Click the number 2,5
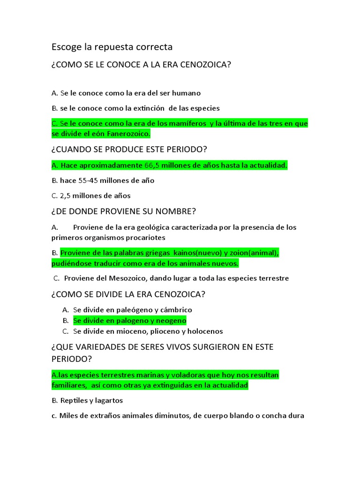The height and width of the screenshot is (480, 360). [66, 195]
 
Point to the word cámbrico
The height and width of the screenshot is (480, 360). [176, 310]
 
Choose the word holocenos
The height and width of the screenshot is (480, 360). [204, 331]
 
